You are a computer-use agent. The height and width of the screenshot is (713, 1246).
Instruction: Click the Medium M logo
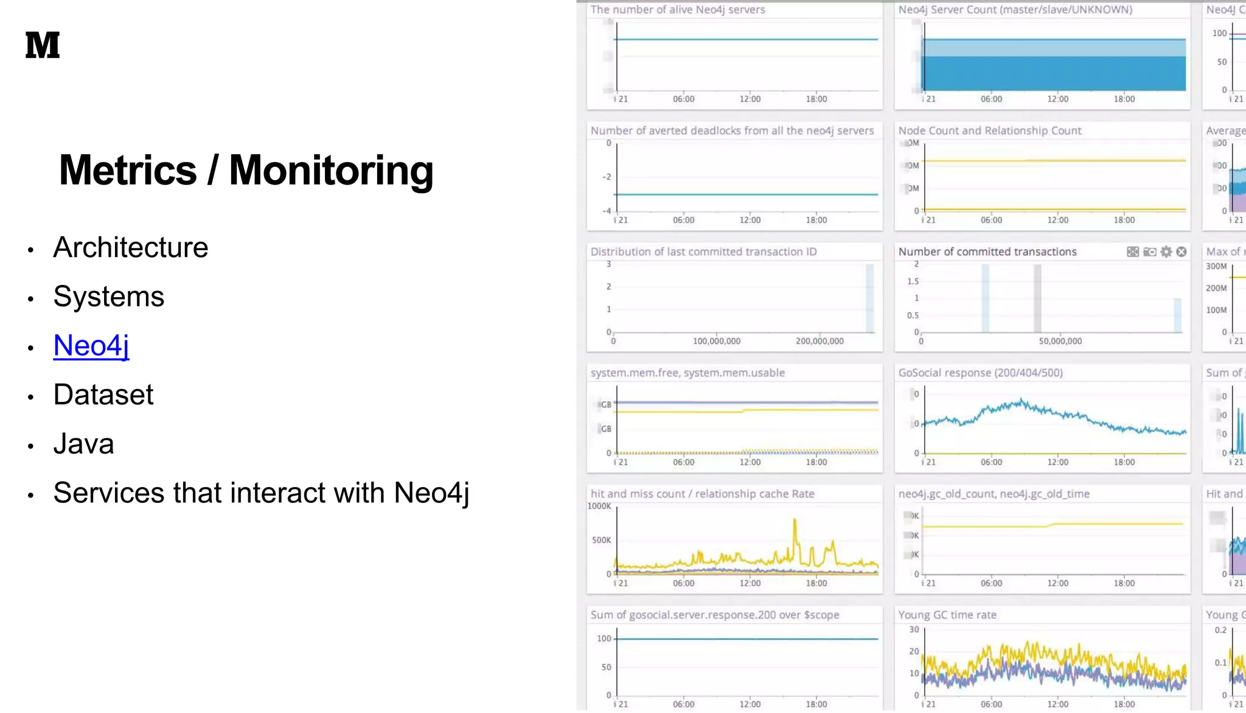[x=43, y=45]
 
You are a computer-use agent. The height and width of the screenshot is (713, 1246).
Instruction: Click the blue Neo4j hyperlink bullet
[x=91, y=346]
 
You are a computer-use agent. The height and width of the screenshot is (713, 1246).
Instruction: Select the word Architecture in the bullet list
[x=130, y=248]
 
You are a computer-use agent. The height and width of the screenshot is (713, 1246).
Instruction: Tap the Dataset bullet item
[x=103, y=395]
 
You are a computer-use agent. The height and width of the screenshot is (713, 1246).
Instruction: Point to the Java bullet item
[x=83, y=444]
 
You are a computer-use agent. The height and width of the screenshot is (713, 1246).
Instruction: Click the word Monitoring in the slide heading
[x=331, y=170]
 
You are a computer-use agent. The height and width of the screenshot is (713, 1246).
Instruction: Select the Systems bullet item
[x=108, y=297]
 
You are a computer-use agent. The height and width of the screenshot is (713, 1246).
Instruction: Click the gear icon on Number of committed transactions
[x=1166, y=252]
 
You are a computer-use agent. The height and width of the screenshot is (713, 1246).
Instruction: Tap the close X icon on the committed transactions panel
[x=1182, y=252]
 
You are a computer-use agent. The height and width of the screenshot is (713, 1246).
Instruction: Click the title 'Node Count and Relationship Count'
[x=989, y=131]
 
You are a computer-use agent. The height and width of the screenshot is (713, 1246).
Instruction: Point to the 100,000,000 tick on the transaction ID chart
[x=716, y=342]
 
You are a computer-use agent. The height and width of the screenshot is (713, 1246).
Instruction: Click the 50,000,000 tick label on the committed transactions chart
[x=1060, y=342]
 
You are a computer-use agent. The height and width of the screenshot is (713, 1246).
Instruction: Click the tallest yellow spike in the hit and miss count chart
[x=795, y=521]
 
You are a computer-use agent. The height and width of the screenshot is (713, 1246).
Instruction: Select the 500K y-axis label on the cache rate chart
[x=601, y=540]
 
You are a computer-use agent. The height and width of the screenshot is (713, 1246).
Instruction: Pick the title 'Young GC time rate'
[x=947, y=615]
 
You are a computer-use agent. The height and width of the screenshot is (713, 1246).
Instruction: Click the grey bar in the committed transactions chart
[x=1037, y=298]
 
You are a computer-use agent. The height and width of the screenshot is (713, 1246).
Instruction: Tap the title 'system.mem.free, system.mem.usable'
[x=687, y=373]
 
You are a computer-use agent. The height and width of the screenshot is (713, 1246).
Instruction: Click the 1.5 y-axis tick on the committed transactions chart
[x=913, y=281]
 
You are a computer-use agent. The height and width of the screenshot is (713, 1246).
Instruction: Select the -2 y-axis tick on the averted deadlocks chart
[x=606, y=177]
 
